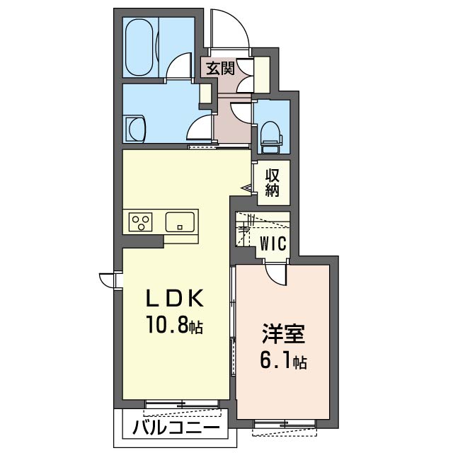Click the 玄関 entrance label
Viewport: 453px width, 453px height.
220,69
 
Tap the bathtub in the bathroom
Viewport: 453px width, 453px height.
140,47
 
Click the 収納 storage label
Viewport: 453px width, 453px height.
272,183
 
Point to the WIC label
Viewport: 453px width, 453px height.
273,243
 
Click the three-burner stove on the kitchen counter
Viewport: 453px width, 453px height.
140,222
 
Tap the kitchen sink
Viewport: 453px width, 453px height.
180,222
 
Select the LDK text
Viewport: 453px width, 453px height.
175,298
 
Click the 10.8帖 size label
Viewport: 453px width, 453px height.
175,325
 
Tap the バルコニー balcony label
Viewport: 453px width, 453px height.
176,428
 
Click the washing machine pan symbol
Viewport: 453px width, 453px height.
136,130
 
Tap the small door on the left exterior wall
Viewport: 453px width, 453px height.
108,280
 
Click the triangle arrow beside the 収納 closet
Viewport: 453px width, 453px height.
246,188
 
